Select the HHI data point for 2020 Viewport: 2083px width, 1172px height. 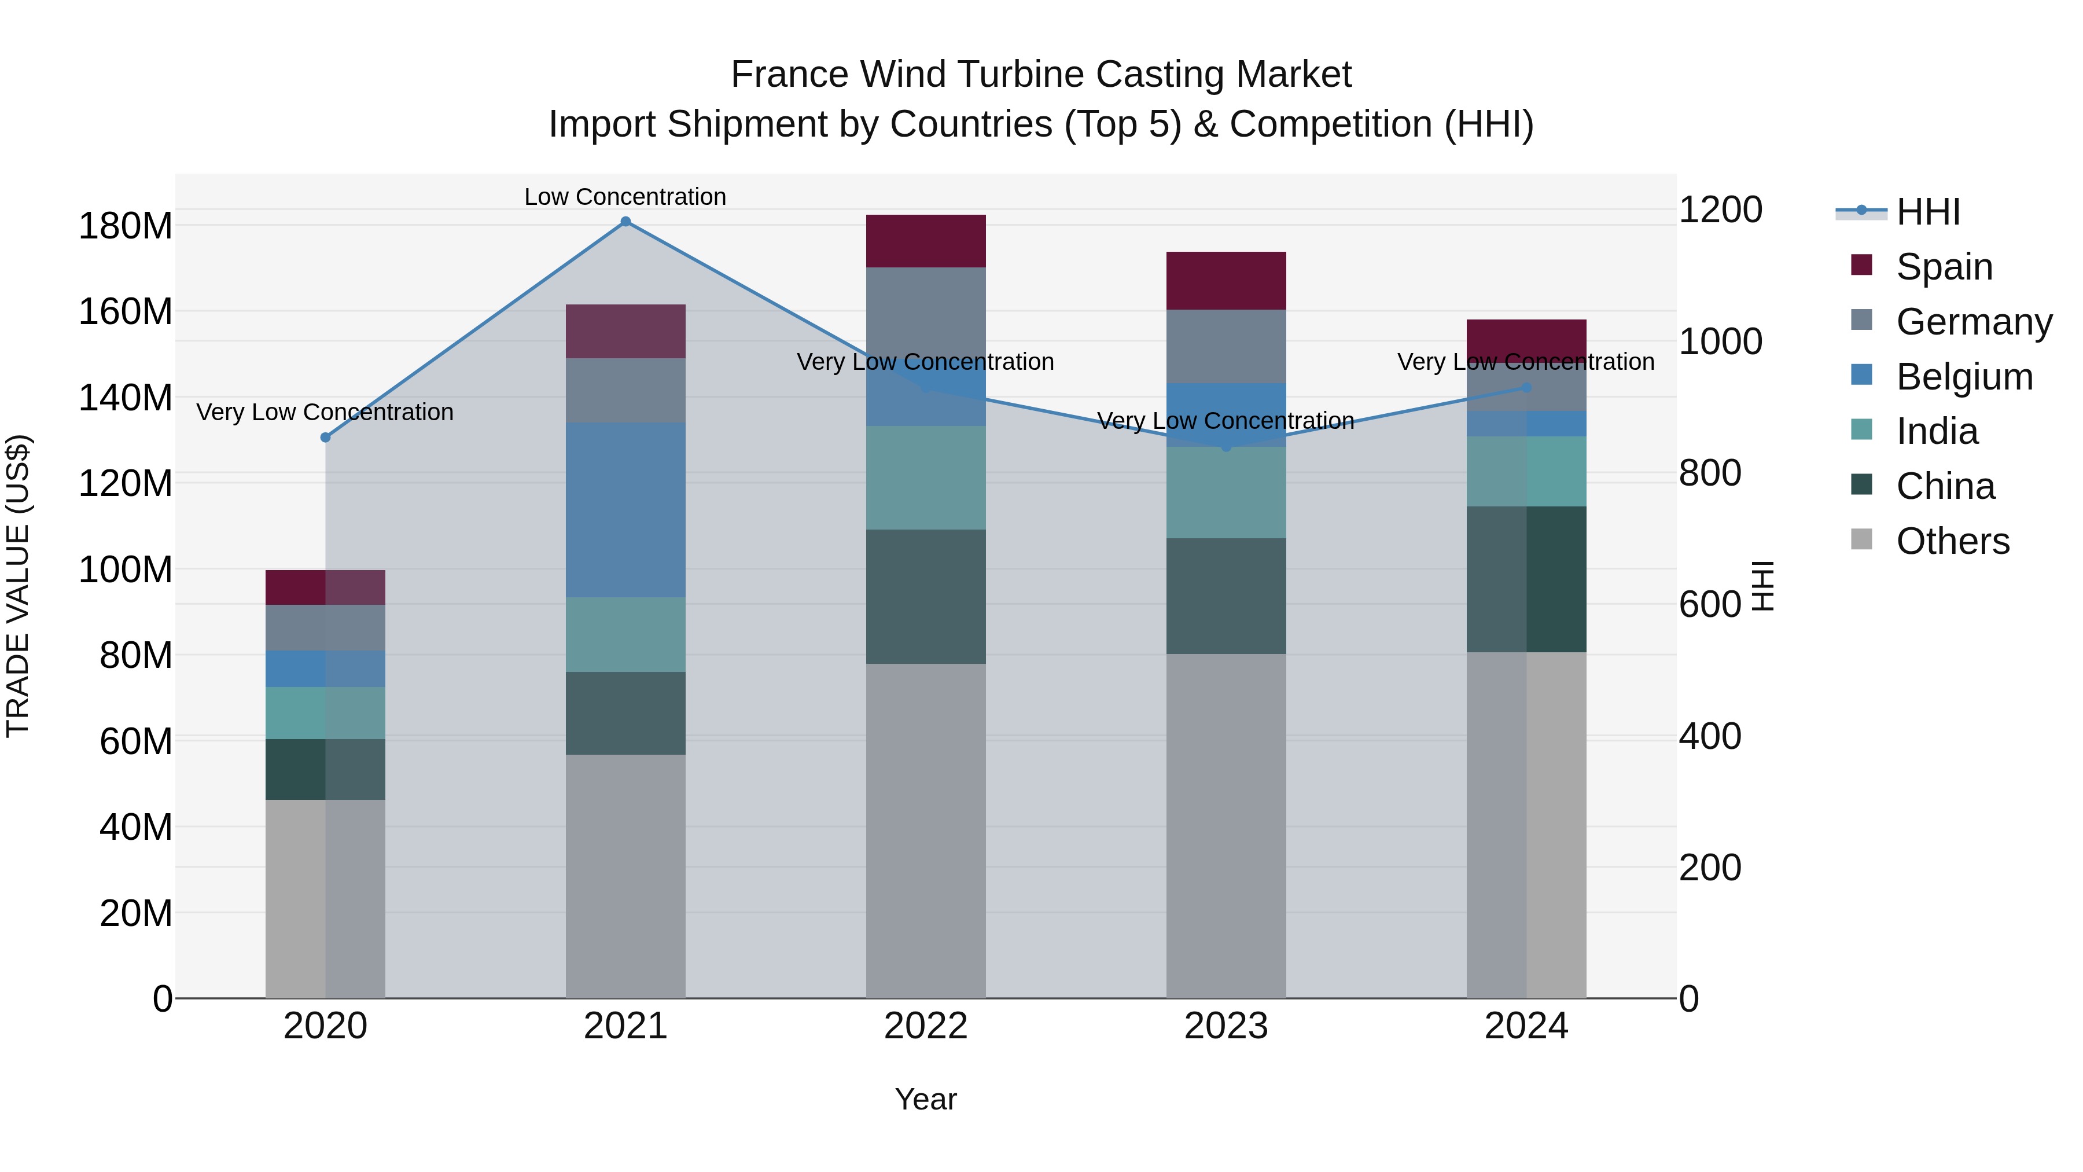[x=325, y=438]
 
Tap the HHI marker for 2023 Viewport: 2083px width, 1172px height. [x=1226, y=446]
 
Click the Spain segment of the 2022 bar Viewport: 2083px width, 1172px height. [x=925, y=241]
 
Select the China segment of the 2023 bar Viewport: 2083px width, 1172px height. [x=1226, y=596]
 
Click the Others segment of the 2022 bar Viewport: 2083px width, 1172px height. [x=925, y=831]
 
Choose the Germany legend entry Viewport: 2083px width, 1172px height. [x=1973, y=322]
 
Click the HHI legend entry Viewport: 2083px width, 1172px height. [x=1928, y=212]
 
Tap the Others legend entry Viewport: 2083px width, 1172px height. [x=1952, y=541]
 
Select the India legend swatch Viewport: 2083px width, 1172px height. [x=1861, y=429]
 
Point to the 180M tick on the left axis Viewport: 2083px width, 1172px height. [x=126, y=226]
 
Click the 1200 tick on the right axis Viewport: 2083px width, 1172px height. [x=1720, y=210]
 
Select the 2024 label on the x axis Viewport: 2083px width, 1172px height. [x=1526, y=1026]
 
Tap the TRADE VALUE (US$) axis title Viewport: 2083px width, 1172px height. [x=18, y=586]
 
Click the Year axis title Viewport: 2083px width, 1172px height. [x=925, y=1099]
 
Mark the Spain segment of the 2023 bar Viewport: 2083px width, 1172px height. [x=1226, y=281]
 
